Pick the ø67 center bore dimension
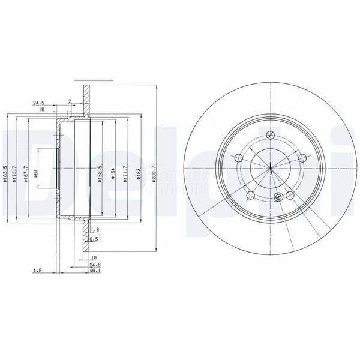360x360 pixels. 37,173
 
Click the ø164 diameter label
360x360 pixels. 112,173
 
